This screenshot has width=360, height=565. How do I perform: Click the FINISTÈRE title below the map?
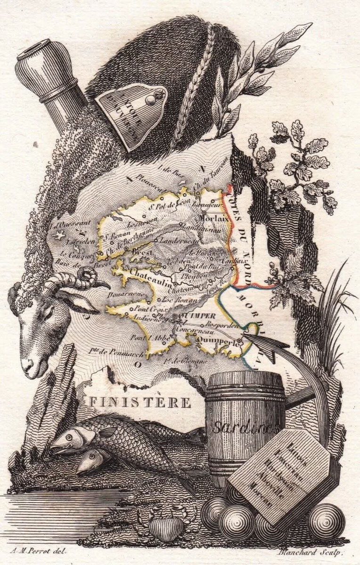[140, 403]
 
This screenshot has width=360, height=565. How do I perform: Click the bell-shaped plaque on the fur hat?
[132, 113]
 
